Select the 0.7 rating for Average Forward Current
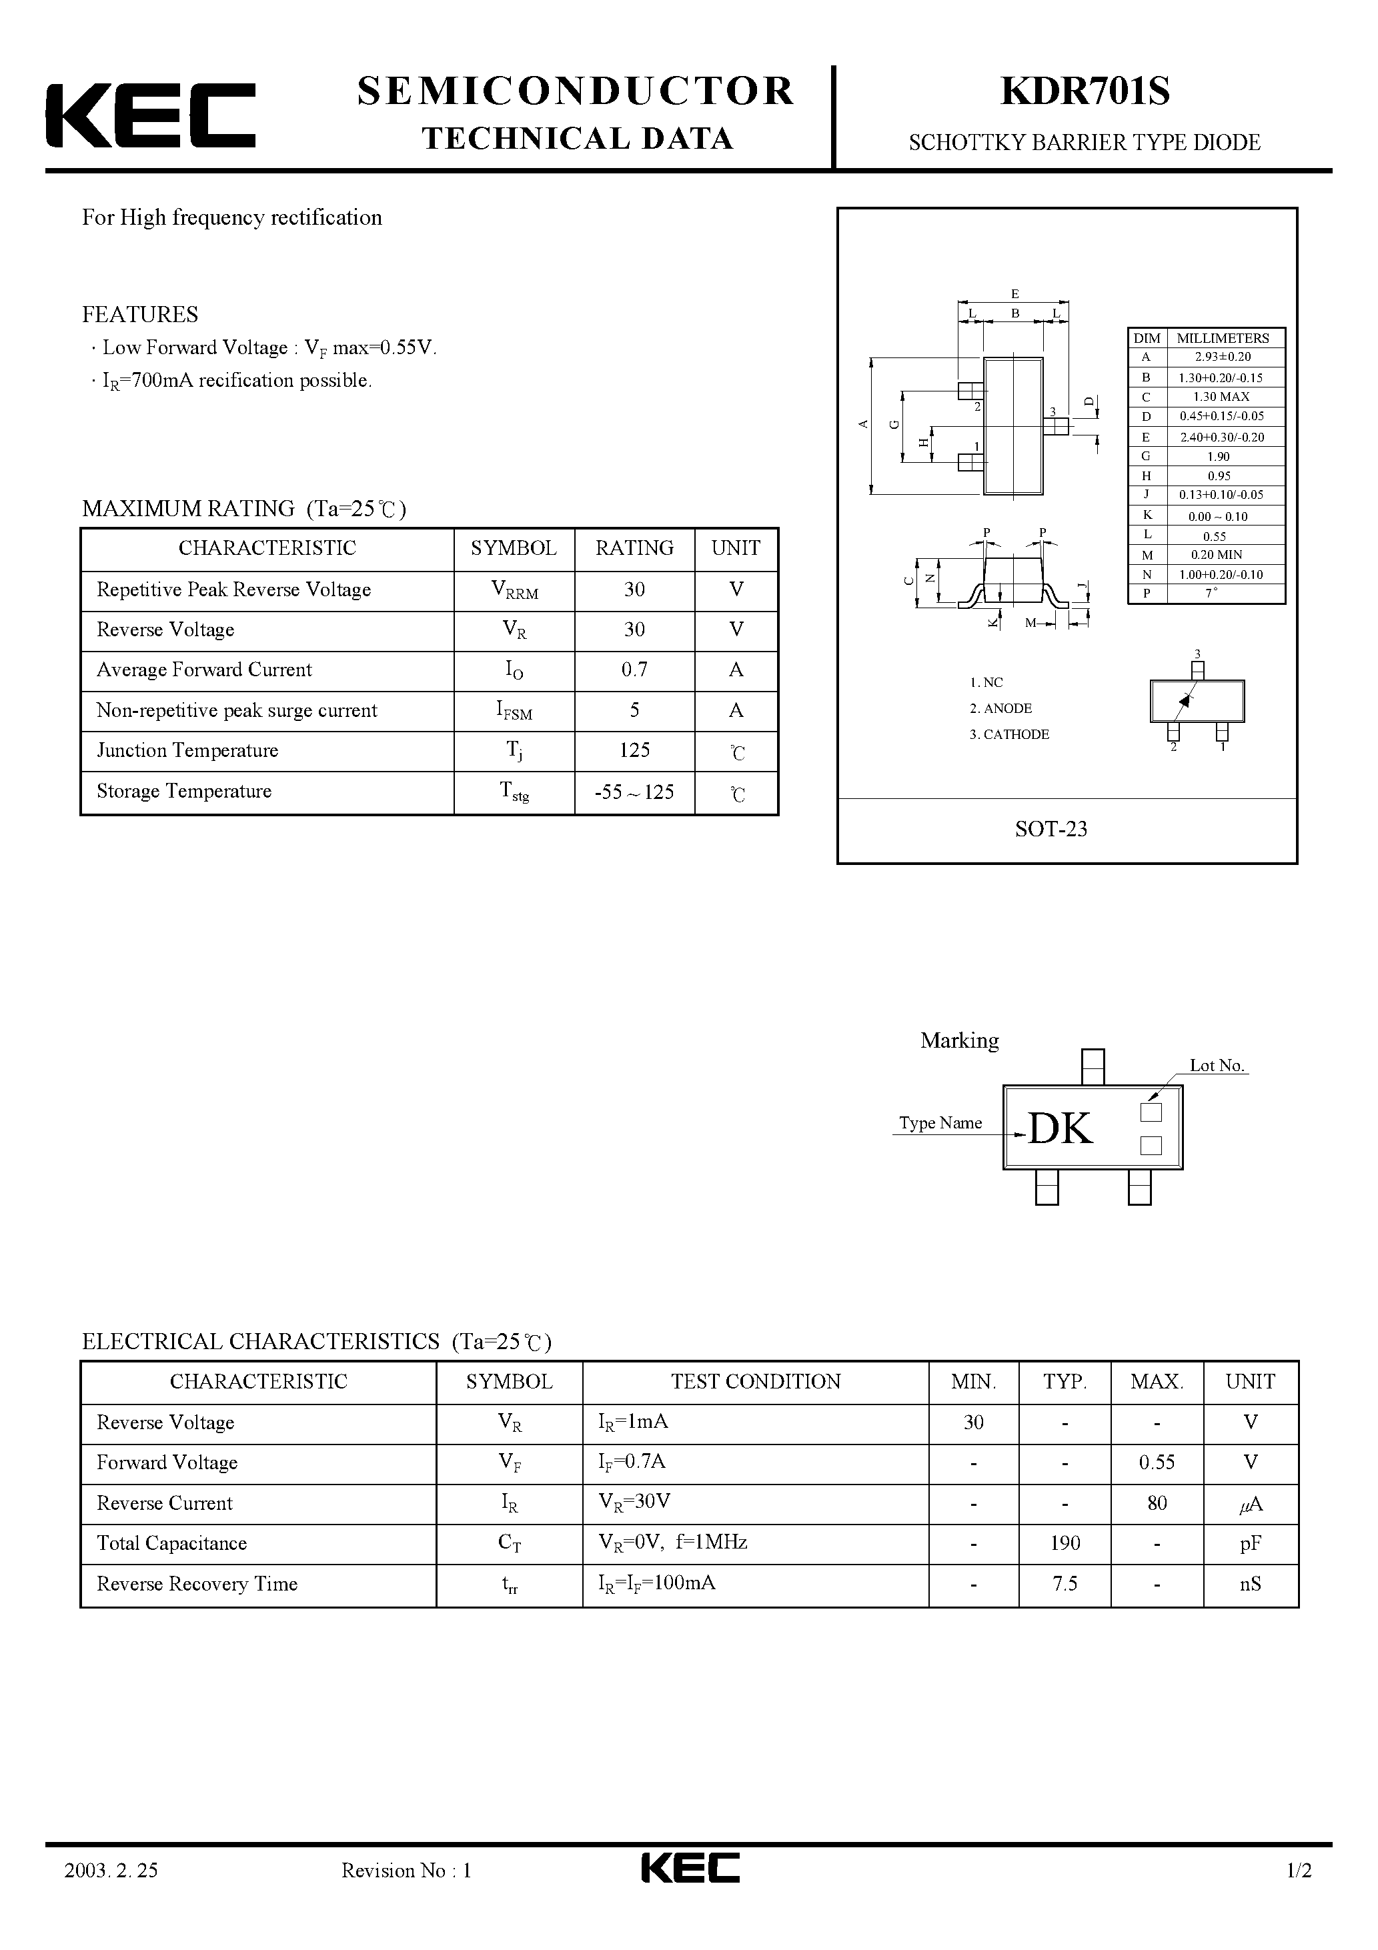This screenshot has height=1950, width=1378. click(x=634, y=670)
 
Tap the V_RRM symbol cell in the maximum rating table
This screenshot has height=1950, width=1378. click(x=514, y=590)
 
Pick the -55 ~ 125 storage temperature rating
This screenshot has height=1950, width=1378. click(x=634, y=792)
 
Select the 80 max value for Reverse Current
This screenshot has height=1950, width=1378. click(x=1157, y=1503)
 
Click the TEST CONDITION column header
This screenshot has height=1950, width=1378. click(x=755, y=1382)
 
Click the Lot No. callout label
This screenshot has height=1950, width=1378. click(x=1217, y=1066)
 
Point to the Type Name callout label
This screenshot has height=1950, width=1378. click(x=940, y=1123)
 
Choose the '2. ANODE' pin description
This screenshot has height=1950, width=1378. click(x=1000, y=708)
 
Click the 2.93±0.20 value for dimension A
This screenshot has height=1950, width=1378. click(x=1222, y=357)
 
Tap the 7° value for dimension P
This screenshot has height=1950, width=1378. click(x=1211, y=593)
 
